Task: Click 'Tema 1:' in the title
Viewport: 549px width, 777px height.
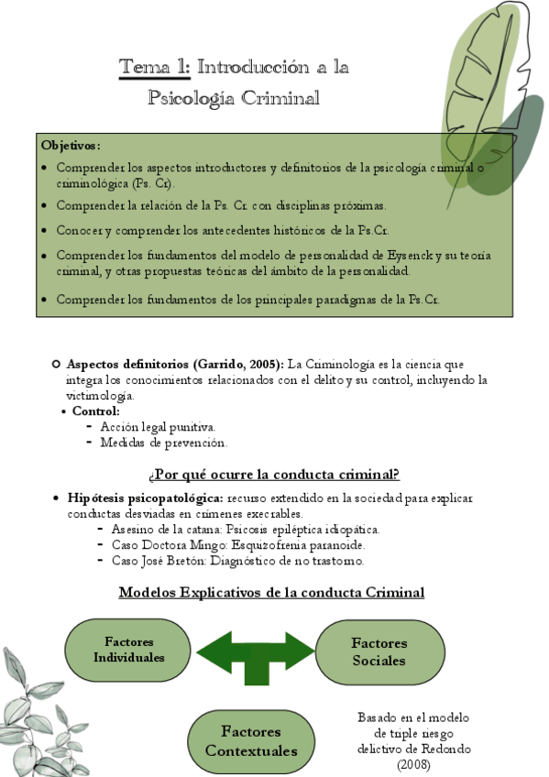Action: (154, 67)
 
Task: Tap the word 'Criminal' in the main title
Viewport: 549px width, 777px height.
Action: (280, 98)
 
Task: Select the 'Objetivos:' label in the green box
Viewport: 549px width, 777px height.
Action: (71, 146)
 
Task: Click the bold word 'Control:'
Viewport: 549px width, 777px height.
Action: (96, 411)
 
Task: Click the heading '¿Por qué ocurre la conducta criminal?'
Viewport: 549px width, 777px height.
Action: (273, 475)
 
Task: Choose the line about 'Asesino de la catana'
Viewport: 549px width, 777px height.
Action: (245, 530)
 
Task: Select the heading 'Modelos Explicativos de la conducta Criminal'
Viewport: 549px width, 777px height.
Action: (272, 593)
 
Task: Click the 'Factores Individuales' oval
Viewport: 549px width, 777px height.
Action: (128, 650)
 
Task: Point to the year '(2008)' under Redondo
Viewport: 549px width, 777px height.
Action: (412, 763)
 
